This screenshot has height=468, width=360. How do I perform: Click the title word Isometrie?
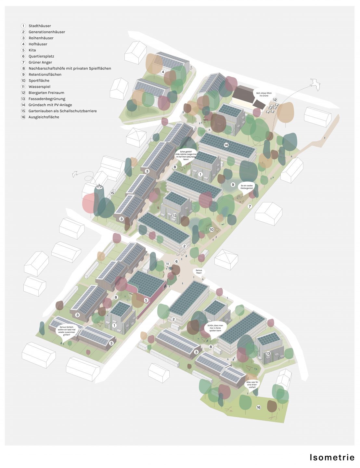(x=332, y=457)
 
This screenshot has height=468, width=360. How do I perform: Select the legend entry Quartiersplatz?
(x=41, y=56)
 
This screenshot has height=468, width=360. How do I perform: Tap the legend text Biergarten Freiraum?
(x=46, y=93)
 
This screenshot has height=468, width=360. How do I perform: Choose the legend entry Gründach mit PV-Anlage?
(x=50, y=105)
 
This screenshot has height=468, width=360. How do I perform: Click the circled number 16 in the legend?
(x=23, y=117)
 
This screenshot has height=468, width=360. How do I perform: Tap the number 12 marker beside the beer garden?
(x=275, y=100)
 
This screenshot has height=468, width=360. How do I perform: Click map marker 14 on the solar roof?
(x=226, y=145)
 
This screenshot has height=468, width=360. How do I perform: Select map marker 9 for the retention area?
(x=233, y=185)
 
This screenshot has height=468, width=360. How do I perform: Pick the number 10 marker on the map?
(x=212, y=229)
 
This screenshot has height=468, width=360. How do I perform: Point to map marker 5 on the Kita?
(x=146, y=300)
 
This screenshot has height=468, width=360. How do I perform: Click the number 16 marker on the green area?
(x=259, y=407)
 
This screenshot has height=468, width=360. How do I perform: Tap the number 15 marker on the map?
(x=112, y=193)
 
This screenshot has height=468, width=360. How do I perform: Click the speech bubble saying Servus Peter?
(x=199, y=271)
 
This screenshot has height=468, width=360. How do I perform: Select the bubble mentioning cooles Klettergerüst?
(x=247, y=187)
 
